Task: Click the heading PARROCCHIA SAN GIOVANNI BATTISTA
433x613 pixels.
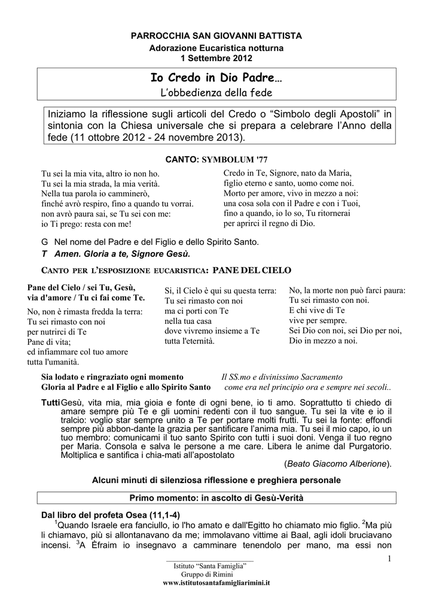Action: click(216, 37)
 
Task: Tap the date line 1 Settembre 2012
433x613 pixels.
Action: click(216, 58)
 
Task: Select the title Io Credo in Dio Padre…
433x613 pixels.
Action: click(216, 78)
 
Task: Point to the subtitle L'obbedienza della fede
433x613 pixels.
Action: click(216, 93)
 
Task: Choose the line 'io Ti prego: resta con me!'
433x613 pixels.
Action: click(86, 224)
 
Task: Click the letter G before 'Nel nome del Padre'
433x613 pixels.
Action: click(44, 242)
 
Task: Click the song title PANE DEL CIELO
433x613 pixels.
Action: click(252, 270)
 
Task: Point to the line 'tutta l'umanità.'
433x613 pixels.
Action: click(53, 362)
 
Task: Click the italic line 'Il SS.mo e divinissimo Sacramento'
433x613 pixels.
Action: click(282, 377)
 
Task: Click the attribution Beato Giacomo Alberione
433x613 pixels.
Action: click(338, 463)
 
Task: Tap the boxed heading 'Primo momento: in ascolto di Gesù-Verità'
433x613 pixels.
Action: click(216, 498)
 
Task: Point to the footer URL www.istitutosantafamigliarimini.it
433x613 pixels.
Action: click(216, 582)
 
